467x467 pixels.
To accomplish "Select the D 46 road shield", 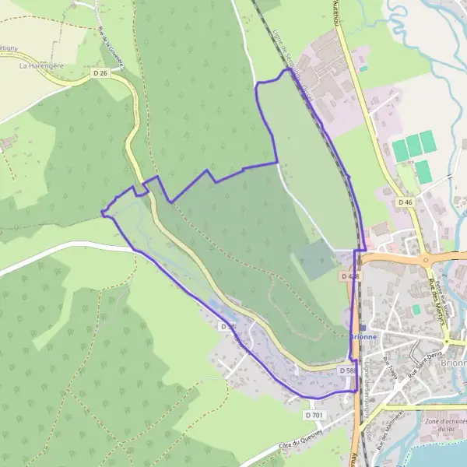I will [405, 202].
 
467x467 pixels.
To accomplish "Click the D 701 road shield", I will [314, 415].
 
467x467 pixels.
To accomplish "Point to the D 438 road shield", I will [349, 276].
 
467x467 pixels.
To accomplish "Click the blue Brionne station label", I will [363, 336].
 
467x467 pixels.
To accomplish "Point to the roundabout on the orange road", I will [426, 260].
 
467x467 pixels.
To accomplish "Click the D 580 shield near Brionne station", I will [347, 371].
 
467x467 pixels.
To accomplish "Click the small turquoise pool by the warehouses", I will [363, 68].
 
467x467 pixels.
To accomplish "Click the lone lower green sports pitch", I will [423, 172].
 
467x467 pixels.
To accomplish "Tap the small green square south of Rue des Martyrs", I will [416, 309].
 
